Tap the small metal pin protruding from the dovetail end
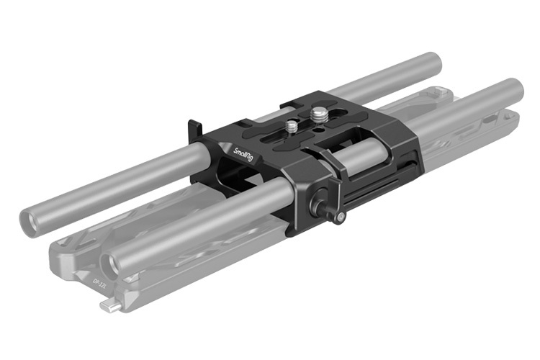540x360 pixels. (x=107, y=307)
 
